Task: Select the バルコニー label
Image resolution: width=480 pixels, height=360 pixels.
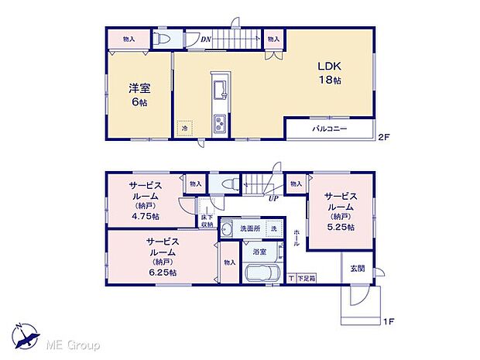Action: point(330,129)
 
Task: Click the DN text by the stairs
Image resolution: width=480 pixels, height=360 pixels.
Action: point(207,38)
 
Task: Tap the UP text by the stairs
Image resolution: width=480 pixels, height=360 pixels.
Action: point(273,199)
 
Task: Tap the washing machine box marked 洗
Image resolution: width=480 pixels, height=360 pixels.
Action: point(273,229)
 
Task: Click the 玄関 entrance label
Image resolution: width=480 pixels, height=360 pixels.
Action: point(357,269)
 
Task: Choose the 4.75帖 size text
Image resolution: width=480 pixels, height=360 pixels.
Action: point(146,217)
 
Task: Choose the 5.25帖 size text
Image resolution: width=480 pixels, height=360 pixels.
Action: point(340,228)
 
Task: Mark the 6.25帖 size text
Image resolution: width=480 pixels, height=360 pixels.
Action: point(161,273)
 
